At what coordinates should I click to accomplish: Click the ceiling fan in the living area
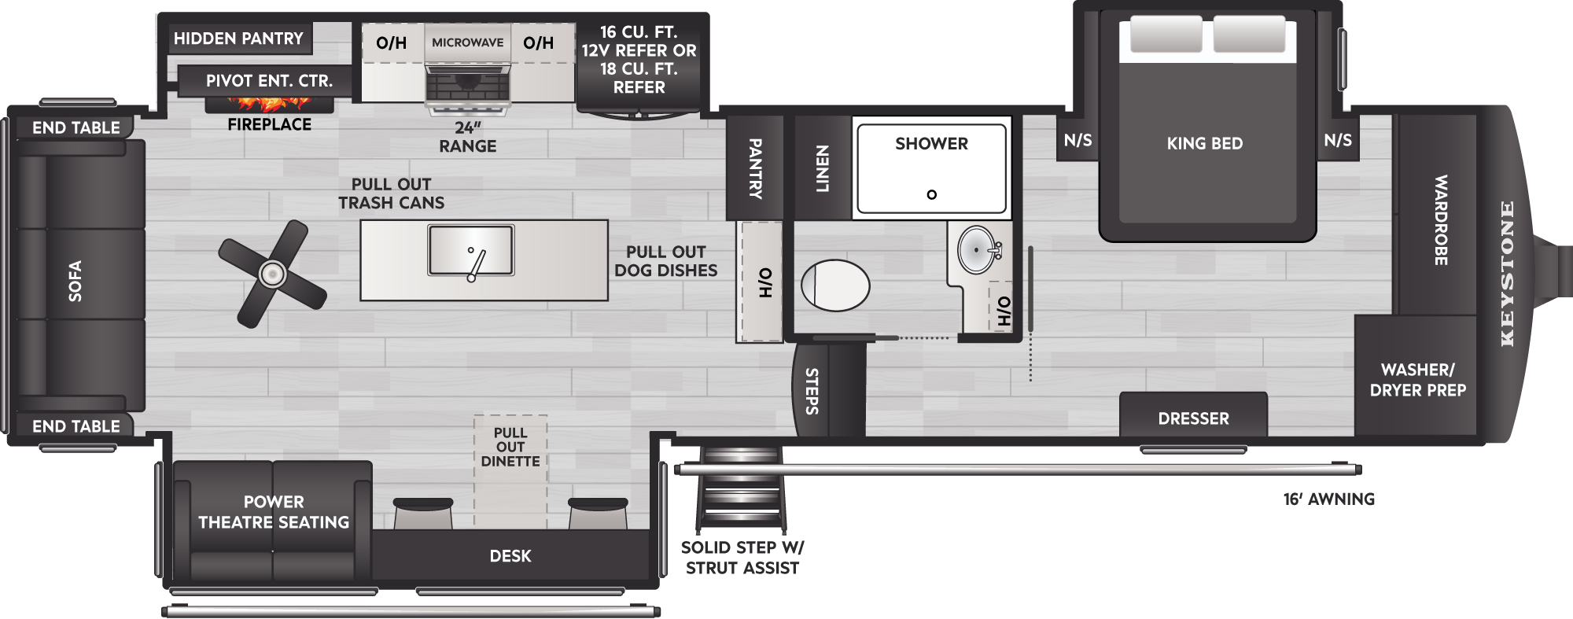tap(272, 274)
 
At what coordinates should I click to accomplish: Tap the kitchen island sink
tap(471, 250)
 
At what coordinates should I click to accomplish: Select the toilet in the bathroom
tap(835, 285)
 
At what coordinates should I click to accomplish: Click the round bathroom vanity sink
tap(977, 249)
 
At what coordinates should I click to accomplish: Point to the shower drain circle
tap(932, 194)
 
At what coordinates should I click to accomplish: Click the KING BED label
tap(1205, 143)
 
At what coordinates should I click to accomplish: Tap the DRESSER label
tap(1193, 418)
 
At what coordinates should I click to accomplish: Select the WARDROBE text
tap(1441, 219)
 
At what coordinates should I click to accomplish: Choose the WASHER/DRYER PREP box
tap(1417, 376)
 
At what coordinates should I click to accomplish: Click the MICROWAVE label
tap(468, 42)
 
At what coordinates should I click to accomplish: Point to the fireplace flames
tap(269, 102)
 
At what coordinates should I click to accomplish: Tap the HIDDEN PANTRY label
tap(238, 39)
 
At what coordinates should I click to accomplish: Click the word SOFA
tap(76, 281)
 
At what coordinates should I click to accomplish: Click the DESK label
tap(510, 556)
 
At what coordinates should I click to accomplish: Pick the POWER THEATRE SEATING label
tap(274, 512)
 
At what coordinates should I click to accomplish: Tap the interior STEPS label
tap(812, 391)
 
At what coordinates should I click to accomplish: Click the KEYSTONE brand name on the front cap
tap(1507, 274)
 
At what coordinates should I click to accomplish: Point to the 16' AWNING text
tap(1329, 499)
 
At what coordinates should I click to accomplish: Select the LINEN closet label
tap(822, 168)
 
